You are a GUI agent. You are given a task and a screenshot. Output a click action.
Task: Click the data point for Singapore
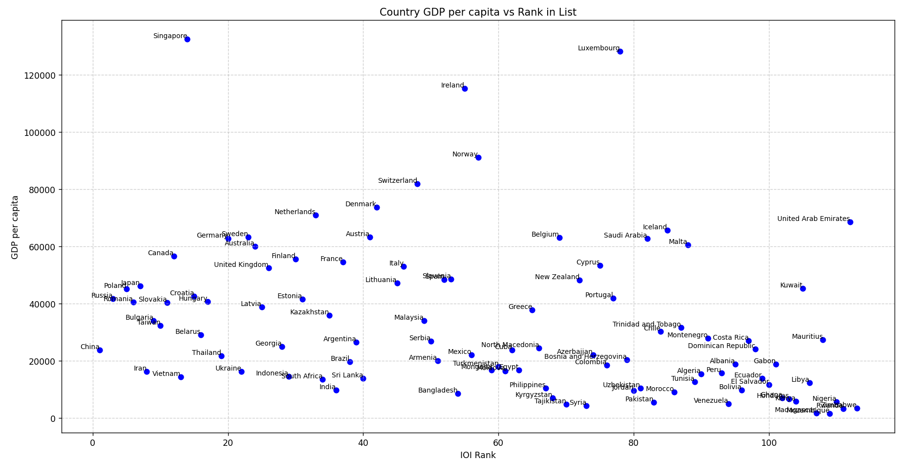point(187,39)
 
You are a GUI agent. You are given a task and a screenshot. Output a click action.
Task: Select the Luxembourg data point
point(620,51)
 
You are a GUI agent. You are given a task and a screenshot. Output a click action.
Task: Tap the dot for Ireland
point(465,88)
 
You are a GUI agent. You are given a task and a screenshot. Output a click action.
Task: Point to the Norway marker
point(478,157)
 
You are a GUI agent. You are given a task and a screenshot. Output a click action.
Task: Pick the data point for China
point(100,350)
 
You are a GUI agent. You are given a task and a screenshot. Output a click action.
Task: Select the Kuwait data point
point(803,288)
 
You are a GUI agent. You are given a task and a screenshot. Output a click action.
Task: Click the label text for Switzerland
point(398,181)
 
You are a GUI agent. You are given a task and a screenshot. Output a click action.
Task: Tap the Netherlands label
point(295,212)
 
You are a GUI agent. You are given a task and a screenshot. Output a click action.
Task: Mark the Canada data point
point(174,256)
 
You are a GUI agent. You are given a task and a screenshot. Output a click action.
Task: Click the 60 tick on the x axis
point(498,442)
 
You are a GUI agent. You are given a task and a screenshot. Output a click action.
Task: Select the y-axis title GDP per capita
point(15,227)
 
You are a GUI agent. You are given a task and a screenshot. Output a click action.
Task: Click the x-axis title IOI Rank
point(478,455)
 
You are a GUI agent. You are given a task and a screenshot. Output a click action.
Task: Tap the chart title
point(478,12)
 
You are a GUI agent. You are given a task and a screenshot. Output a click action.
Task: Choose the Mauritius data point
point(823,340)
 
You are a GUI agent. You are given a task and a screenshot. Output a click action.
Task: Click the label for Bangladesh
point(438,391)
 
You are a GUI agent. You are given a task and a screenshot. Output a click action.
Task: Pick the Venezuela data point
point(728,404)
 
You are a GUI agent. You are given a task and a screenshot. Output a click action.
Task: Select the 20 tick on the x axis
point(228,442)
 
